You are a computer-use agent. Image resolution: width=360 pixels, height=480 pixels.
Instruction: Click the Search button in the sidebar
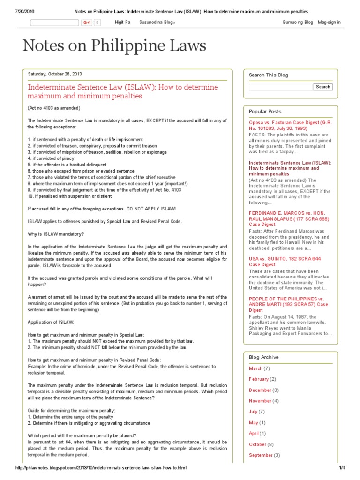pyautogui.click(x=323, y=87)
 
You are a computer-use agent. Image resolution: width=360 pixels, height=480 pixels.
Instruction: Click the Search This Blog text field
pyautogui.click(x=280, y=87)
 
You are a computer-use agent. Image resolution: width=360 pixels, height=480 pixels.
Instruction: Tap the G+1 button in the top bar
pyautogui.click(x=87, y=22)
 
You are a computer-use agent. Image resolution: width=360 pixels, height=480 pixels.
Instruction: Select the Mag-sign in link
pyautogui.click(x=329, y=22)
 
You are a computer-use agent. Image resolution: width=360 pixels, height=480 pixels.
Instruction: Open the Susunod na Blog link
pyautogui.click(x=157, y=22)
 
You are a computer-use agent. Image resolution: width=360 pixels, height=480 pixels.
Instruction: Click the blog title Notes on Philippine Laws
pyautogui.click(x=114, y=45)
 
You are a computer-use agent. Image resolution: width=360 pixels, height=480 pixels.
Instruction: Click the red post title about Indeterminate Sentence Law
pyautogui.click(x=123, y=91)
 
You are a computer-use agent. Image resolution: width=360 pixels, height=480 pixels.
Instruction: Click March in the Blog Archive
pyautogui.click(x=255, y=368)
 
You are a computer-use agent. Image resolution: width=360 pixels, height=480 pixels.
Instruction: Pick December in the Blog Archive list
pyautogui.click(x=260, y=390)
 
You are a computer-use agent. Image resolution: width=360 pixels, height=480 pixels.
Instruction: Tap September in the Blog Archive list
pyautogui.click(x=261, y=455)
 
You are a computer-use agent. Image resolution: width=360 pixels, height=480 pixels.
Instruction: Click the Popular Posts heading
pyautogui.click(x=265, y=112)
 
